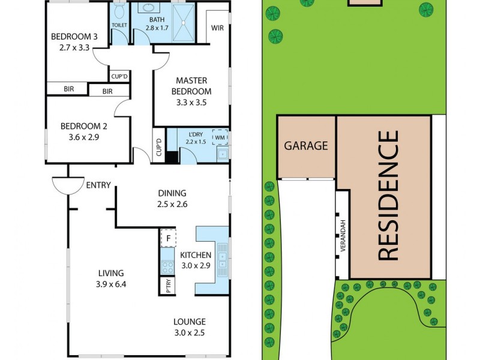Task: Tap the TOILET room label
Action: [x=119, y=25]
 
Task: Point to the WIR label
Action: [x=217, y=28]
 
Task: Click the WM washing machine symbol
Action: [x=220, y=137]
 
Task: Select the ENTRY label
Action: [x=98, y=185]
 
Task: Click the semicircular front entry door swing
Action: [x=67, y=185]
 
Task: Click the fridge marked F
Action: [x=169, y=238]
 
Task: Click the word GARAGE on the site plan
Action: [x=306, y=145]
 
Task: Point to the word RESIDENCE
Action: [x=388, y=196]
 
